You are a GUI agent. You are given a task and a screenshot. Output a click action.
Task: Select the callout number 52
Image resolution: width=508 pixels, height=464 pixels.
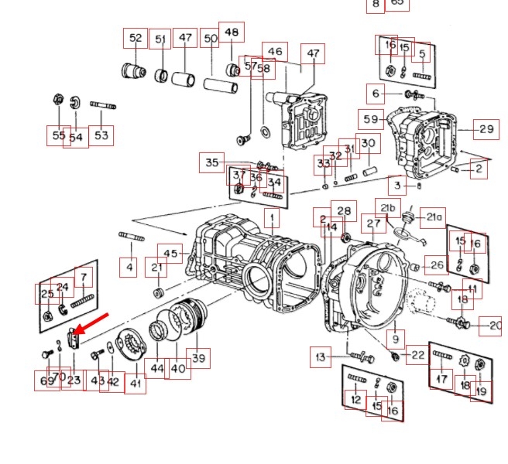(136, 38)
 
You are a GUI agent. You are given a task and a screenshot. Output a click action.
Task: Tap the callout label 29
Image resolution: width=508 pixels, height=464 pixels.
(486, 129)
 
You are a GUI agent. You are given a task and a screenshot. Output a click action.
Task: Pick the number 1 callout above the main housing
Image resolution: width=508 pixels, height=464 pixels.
(272, 219)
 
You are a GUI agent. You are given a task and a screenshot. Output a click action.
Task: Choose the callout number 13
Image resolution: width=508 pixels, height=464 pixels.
(321, 357)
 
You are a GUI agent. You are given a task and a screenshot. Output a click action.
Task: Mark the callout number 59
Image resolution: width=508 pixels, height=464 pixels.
(371, 120)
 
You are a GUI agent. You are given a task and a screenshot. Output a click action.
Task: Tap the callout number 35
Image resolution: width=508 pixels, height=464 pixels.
(211, 163)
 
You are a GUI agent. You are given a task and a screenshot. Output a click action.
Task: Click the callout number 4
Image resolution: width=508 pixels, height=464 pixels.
(129, 268)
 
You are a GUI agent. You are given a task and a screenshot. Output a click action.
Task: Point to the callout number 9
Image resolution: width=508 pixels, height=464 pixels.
(395, 338)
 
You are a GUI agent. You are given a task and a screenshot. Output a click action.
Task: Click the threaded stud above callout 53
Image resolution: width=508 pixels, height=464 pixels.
(103, 104)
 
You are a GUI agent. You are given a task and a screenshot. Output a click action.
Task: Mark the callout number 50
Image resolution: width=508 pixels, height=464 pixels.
(211, 39)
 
